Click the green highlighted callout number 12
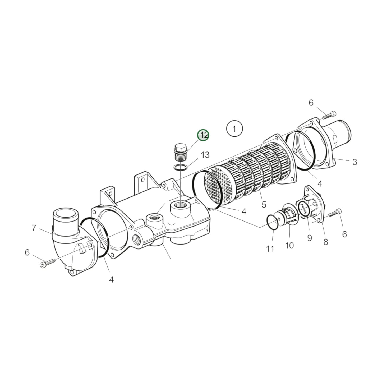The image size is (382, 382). tap(203, 135)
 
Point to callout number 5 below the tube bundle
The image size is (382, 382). tap(264, 204)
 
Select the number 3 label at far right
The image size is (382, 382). tap(355, 162)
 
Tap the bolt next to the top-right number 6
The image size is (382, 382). tap(329, 115)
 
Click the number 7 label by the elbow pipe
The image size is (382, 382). tap(34, 228)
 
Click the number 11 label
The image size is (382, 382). tap(270, 249)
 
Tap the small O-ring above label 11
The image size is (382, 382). tap(272, 222)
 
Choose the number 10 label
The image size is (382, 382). tap(289, 246)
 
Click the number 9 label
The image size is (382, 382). tap(309, 238)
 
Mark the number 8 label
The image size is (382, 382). tap(326, 242)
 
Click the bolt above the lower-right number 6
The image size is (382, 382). tap(335, 213)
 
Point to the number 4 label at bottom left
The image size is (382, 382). tap(111, 279)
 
